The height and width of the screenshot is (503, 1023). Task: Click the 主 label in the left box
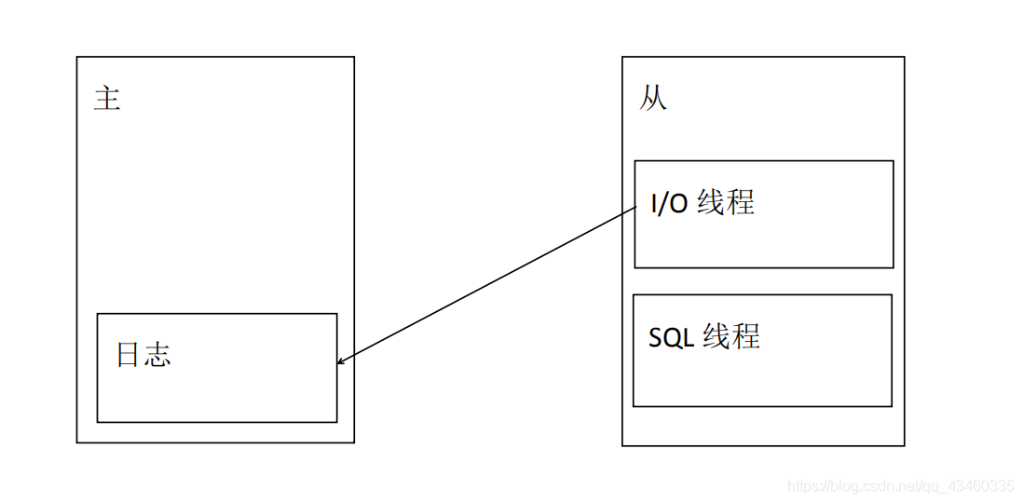[107, 98]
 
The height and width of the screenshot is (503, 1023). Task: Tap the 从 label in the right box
[654, 98]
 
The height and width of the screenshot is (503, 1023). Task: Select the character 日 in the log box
[130, 355]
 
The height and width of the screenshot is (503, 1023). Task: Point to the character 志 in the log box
[158, 355]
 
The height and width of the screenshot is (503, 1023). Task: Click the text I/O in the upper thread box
[669, 203]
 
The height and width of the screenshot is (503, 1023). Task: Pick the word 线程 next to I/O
[726, 202]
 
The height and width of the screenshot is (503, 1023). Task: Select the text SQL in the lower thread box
[671, 337]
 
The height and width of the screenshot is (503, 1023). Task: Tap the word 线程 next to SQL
[731, 336]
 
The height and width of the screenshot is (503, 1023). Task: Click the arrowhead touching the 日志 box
[340, 361]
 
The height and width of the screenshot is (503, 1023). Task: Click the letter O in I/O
[679, 203]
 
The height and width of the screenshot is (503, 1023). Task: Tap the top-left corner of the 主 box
[77, 57]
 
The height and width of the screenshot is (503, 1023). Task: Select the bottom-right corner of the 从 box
[904, 445]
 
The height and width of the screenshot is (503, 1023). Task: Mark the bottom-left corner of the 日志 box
[98, 422]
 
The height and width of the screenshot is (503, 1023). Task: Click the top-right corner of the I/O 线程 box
[893, 161]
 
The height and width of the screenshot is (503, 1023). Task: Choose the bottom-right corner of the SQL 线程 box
[892, 406]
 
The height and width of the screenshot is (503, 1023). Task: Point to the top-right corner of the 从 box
[904, 57]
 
